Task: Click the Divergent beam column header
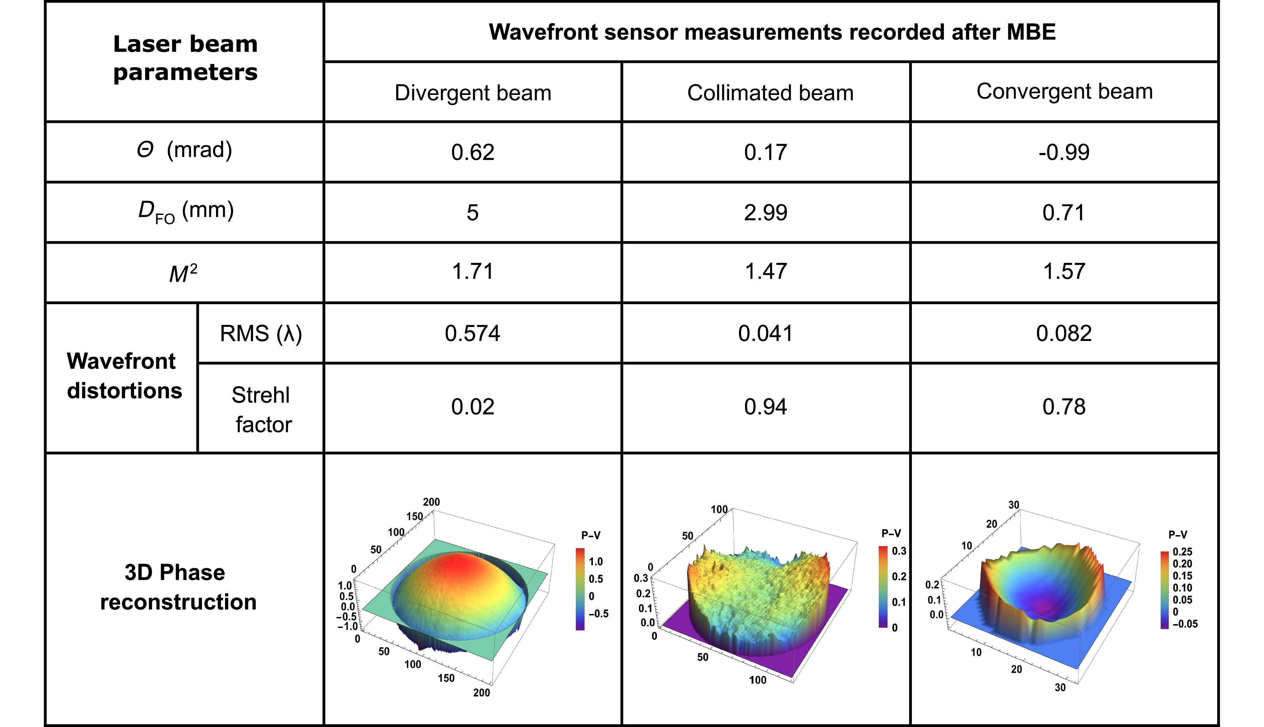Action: click(473, 93)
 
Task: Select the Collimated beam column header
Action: click(770, 93)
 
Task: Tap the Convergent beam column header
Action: click(1065, 91)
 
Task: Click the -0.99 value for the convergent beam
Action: click(1064, 152)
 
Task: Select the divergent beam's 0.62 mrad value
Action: click(472, 152)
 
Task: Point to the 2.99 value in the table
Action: click(766, 213)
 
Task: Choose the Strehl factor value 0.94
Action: click(766, 407)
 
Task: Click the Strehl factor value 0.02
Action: click(472, 407)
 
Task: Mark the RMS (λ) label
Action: click(261, 334)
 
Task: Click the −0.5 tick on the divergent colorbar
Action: click(598, 614)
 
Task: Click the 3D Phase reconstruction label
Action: click(178, 587)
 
